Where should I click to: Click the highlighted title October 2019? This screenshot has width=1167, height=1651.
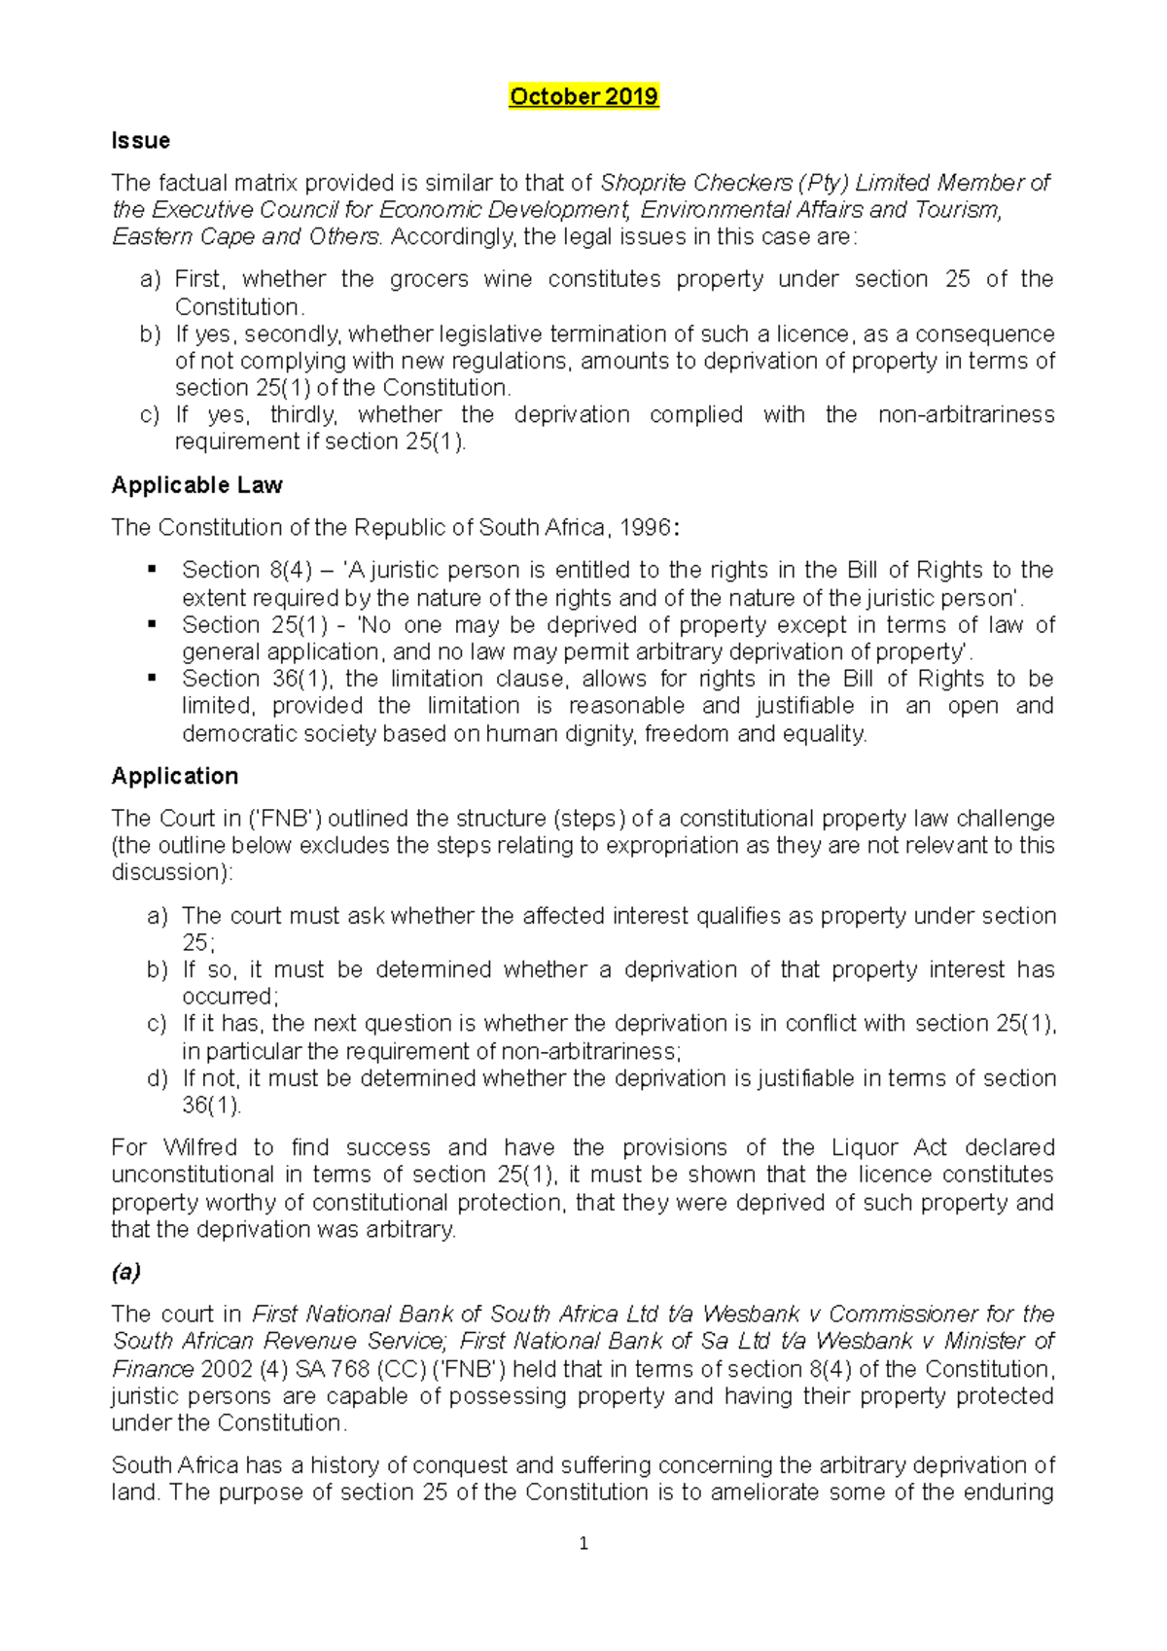click(583, 96)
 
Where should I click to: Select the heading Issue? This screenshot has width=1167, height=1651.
click(141, 141)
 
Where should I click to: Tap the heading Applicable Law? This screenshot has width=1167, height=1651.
click(196, 485)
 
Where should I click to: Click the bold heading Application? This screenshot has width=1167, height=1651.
click(175, 776)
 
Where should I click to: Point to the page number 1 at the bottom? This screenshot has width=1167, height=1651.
click(583, 1543)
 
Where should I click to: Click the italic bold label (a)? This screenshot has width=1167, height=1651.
click(126, 1272)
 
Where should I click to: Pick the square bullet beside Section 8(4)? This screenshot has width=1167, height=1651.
click(152, 570)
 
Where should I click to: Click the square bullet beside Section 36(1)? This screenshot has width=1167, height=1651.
click(152, 679)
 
